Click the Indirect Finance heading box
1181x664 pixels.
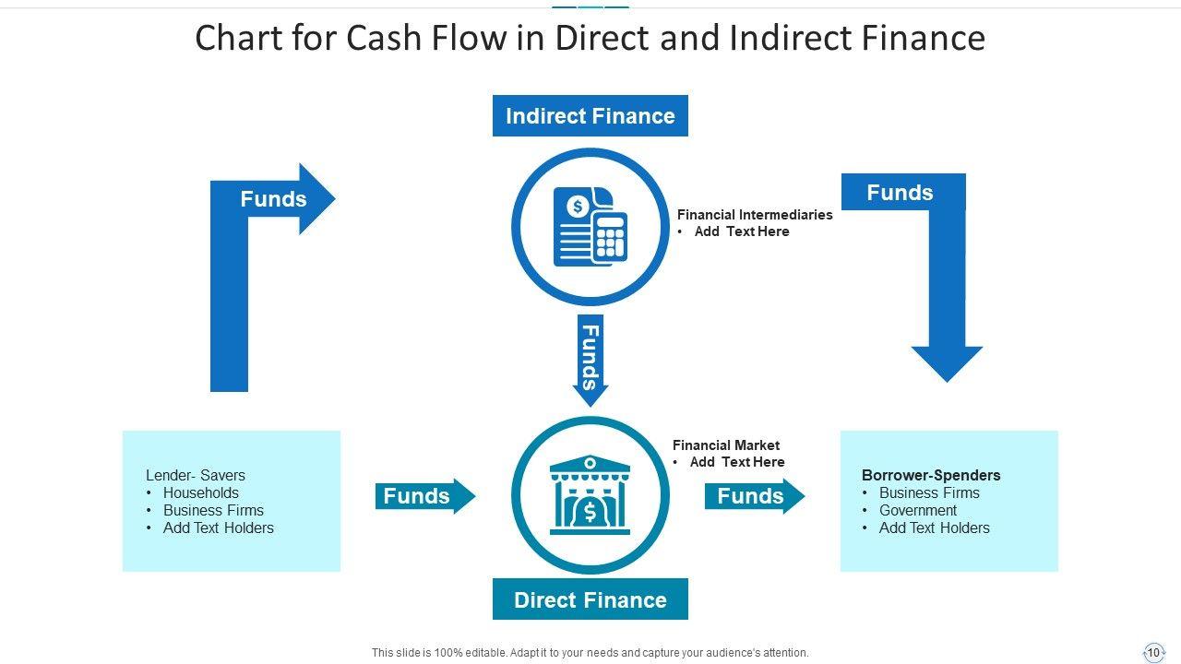(590, 116)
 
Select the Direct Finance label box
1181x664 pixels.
(590, 600)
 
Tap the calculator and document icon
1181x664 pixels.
(590, 227)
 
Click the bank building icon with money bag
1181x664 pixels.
(590, 494)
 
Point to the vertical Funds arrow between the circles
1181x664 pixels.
(590, 360)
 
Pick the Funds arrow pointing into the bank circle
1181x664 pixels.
(423, 496)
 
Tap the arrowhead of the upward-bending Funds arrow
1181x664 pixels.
(316, 199)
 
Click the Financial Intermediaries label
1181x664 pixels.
(755, 215)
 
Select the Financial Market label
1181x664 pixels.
(726, 445)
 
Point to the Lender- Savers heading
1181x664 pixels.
(196, 476)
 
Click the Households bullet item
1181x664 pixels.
(200, 493)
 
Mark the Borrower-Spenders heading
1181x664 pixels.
(931, 476)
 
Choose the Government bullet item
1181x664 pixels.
(917, 511)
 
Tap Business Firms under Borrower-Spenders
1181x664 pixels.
(929, 493)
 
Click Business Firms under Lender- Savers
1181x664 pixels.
(213, 511)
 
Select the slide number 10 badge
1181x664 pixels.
(1153, 653)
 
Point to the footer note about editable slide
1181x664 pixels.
(590, 653)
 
